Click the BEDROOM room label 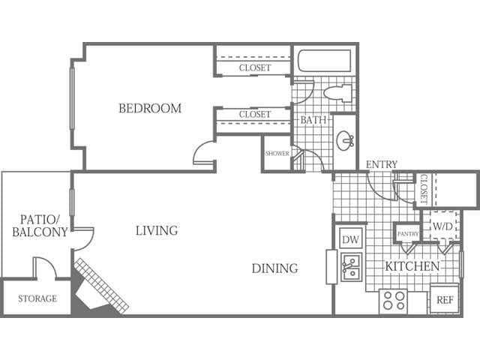coord(150,108)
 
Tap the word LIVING coord(157,230)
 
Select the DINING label coord(275,268)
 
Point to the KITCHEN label coord(412,266)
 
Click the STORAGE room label coord(37,298)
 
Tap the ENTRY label coord(382,164)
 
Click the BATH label coord(313,120)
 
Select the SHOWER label coord(277,153)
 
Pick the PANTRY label coord(408,234)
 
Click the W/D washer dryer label coord(442,226)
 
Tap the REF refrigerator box coord(445,299)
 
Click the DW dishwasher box coord(351,238)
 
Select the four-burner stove coord(393,301)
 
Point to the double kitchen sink coord(352,267)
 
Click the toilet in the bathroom coord(337,93)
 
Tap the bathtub coord(325,61)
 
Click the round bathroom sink coord(345,141)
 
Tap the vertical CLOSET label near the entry coord(424,189)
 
